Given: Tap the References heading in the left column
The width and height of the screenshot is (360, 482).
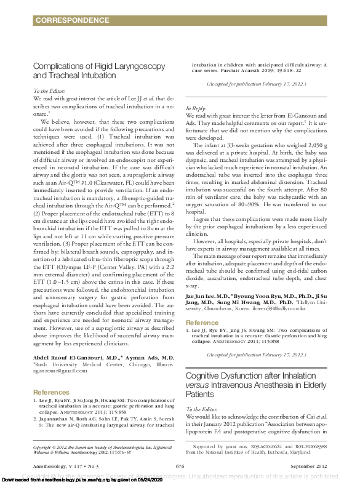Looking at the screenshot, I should [x=51, y=374].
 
